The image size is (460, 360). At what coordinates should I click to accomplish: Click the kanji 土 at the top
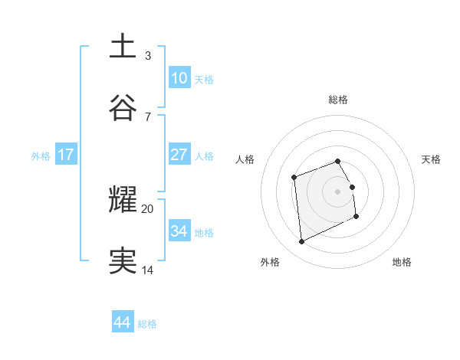(x=123, y=46)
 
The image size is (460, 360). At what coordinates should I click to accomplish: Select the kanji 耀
(x=123, y=199)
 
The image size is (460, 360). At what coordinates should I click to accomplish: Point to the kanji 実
(x=123, y=260)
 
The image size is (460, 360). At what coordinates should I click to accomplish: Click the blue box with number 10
(x=179, y=77)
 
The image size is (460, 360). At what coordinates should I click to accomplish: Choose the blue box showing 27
(x=179, y=154)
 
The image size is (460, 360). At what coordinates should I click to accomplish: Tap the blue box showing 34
(x=179, y=231)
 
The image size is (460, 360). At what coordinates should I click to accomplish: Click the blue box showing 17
(x=66, y=154)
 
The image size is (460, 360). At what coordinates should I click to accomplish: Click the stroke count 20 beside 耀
(x=148, y=208)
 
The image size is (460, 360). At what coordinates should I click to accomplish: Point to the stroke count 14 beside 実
(x=148, y=270)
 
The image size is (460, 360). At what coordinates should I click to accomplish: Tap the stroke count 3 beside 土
(x=148, y=55)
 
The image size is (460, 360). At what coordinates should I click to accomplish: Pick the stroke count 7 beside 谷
(x=148, y=116)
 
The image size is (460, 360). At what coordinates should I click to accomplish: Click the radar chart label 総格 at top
(x=338, y=100)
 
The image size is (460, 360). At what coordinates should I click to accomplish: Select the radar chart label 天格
(x=431, y=159)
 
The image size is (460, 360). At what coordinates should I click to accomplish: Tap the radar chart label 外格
(x=270, y=262)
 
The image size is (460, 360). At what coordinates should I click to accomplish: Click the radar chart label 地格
(x=402, y=262)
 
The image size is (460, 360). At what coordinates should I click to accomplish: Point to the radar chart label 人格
(x=245, y=159)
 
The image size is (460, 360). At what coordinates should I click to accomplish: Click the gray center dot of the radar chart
(x=338, y=191)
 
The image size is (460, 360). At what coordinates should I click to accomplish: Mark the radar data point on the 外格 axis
(x=301, y=242)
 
